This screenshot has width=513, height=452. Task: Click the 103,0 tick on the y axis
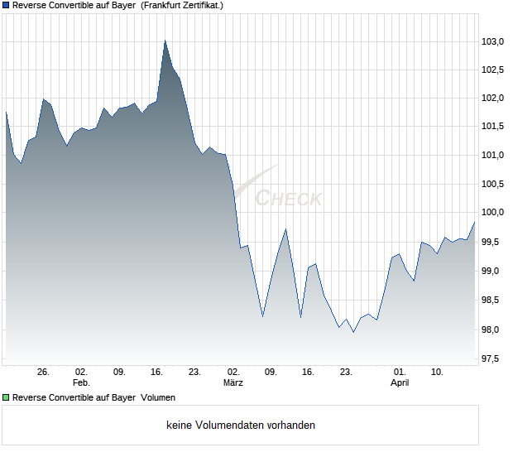(x=494, y=41)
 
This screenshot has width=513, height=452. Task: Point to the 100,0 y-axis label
(x=494, y=213)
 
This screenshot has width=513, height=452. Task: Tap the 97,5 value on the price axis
(x=494, y=359)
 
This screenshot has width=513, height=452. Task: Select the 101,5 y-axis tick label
(x=494, y=127)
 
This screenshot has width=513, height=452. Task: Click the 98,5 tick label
(x=494, y=301)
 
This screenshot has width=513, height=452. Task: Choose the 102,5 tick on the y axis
(x=494, y=70)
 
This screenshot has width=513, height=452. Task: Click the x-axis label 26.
(x=44, y=372)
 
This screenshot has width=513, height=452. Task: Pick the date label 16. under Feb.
(x=157, y=372)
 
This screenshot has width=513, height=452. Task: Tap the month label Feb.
(x=81, y=382)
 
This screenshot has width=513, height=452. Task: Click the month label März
(x=233, y=382)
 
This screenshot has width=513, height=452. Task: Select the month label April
(x=400, y=382)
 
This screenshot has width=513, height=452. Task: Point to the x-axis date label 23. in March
(x=347, y=372)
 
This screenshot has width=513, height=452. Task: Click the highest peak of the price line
(x=165, y=41)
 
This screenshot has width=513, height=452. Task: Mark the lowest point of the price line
(x=353, y=332)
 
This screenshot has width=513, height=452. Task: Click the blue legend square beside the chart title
(x=6, y=5)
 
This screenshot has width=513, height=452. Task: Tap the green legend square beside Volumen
(x=6, y=397)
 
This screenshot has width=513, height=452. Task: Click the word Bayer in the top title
(x=122, y=5)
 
